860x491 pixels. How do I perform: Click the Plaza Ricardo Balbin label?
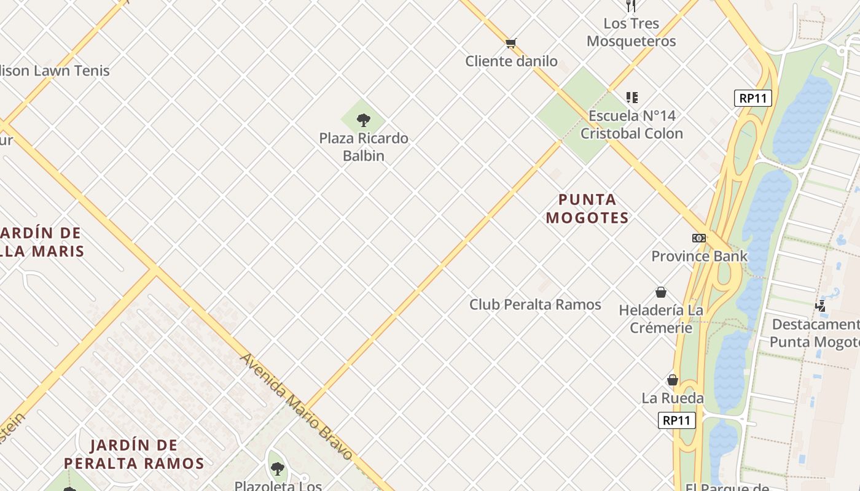coord(364,147)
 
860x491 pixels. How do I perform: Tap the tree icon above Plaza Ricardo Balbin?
coord(364,120)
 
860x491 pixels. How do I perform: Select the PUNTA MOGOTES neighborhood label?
coord(587,209)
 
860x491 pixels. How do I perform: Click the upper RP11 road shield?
coord(752,98)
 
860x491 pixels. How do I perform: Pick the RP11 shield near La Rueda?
coord(677,420)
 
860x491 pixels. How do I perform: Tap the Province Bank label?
coord(699,256)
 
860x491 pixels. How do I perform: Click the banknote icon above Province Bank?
coord(699,238)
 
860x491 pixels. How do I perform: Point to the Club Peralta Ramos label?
coord(535,304)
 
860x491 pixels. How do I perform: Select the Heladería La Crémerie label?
coord(661,319)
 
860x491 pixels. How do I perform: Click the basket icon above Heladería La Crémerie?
coord(661,292)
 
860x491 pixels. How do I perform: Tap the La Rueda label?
coord(673,398)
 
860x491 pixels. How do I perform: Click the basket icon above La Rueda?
coord(673,380)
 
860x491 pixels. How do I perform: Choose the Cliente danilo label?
coord(511,61)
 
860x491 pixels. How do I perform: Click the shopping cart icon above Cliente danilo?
coord(510,43)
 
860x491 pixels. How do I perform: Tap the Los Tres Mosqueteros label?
coord(631,33)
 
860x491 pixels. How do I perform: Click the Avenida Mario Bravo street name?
coord(296,406)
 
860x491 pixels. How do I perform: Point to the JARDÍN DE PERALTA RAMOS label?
coord(134,454)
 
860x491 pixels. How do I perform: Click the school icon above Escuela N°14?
coord(631,98)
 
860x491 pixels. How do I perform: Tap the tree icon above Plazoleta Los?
coord(278,470)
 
